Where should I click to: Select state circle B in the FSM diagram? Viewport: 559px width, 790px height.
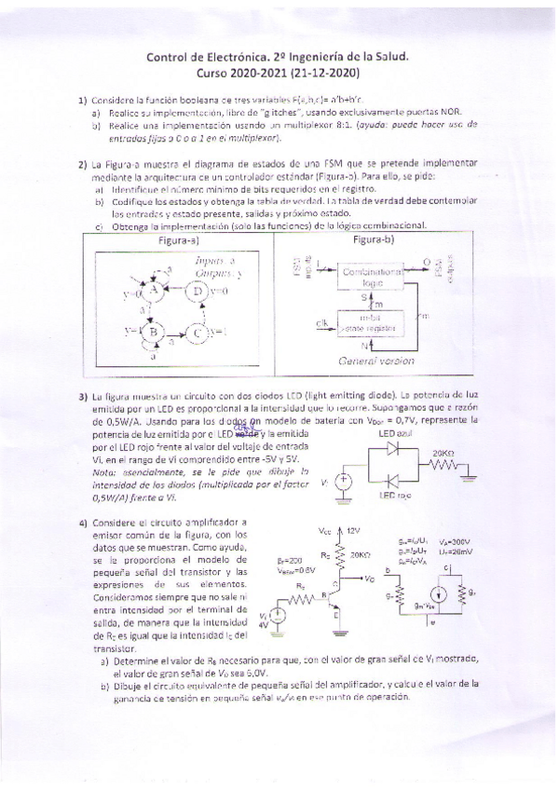point(154,331)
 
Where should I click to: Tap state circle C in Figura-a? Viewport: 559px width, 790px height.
point(198,332)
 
